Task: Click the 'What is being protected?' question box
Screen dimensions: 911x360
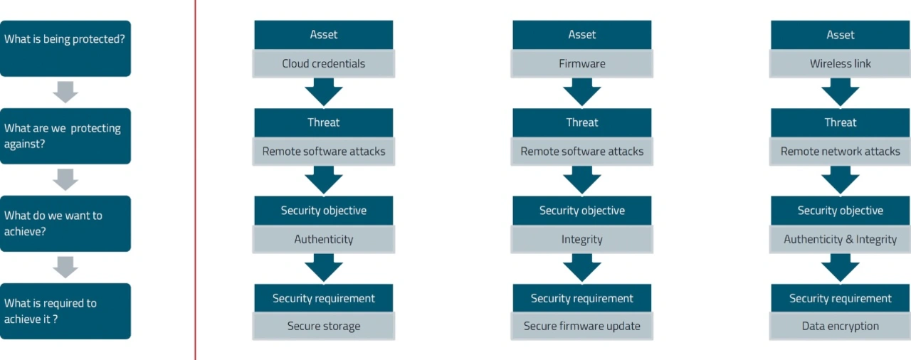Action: coord(65,48)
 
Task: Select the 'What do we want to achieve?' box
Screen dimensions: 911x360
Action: coord(65,223)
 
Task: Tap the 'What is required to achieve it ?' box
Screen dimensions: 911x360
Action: coord(65,311)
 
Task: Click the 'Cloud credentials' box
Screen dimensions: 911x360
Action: coord(324,64)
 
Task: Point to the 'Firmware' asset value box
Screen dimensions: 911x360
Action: coord(582,64)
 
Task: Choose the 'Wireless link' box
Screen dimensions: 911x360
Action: coord(841,64)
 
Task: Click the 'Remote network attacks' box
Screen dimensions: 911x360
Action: coord(841,152)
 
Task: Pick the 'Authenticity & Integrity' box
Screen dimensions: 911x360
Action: coord(841,239)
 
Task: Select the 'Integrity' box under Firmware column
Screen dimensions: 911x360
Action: coord(582,239)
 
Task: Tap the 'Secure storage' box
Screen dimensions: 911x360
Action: coord(324,326)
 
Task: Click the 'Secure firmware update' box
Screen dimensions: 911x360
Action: coord(582,326)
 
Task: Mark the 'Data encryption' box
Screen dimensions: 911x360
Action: coord(841,326)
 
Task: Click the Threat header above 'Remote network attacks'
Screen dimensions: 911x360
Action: coord(841,122)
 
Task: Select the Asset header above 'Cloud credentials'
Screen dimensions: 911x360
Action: coord(324,35)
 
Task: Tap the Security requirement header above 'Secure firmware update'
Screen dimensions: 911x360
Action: coord(582,298)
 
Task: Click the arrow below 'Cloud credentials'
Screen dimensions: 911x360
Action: coord(324,92)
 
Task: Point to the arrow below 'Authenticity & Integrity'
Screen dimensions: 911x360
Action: coord(841,268)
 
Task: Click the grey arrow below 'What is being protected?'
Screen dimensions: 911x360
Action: coord(65,92)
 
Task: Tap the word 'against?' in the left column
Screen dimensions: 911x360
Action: coord(24,144)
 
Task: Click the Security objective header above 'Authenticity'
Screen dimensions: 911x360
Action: coord(324,211)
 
